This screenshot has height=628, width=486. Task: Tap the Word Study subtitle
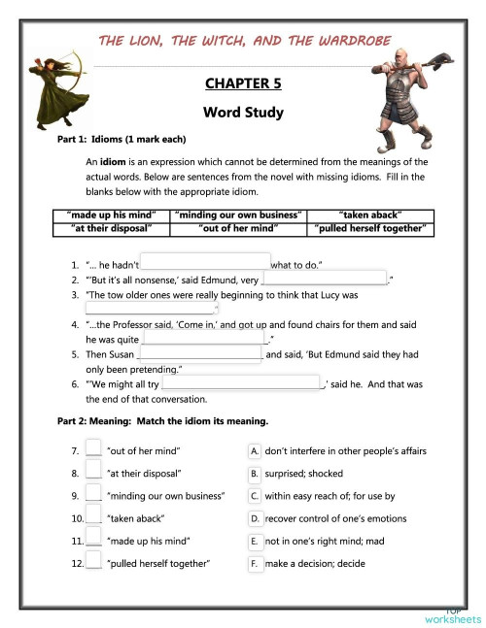[x=243, y=113]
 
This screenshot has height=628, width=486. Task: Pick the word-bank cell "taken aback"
[x=371, y=215]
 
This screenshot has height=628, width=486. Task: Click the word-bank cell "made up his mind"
[x=111, y=215]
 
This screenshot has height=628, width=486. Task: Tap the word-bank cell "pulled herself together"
[x=371, y=229]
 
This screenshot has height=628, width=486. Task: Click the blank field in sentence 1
[x=205, y=262]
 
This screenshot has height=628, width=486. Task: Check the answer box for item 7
[x=93, y=449]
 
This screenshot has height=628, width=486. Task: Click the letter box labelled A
[x=255, y=450]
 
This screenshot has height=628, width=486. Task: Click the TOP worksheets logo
[x=452, y=615]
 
